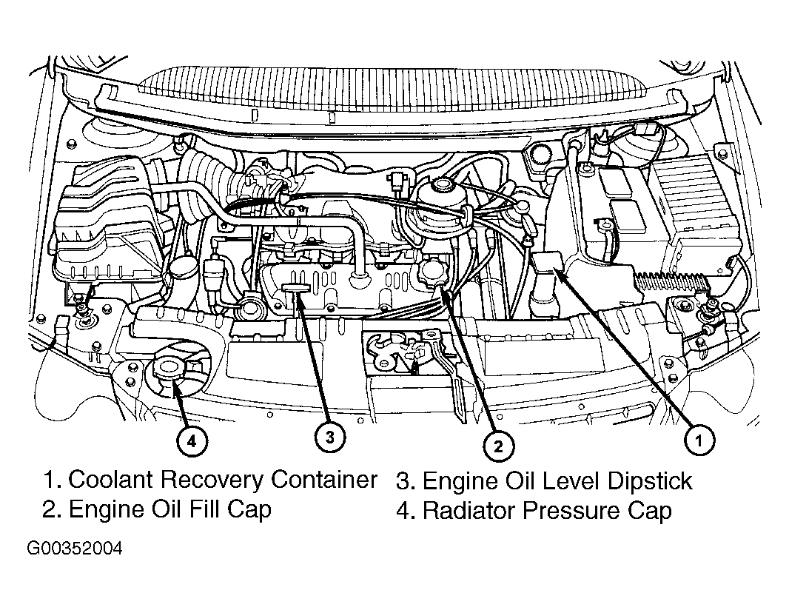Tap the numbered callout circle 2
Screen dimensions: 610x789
point(497,445)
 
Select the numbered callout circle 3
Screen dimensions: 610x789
point(329,437)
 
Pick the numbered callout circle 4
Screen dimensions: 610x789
point(191,442)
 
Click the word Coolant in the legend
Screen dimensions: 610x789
point(111,480)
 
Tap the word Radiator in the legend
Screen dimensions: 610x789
point(469,510)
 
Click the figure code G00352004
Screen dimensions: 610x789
point(75,549)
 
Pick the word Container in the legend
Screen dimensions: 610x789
point(323,480)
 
